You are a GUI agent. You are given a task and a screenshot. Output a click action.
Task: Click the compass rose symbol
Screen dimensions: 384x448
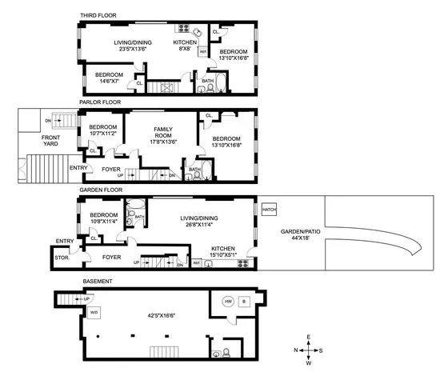(306, 350)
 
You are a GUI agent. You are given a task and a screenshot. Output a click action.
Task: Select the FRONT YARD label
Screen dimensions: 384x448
(34, 141)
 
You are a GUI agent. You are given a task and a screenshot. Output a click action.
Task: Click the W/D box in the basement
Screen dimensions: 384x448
(94, 313)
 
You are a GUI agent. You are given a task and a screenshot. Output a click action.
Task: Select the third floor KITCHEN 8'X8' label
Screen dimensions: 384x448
(186, 46)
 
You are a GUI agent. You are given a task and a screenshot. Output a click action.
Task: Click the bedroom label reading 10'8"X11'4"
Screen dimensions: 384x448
(104, 218)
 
